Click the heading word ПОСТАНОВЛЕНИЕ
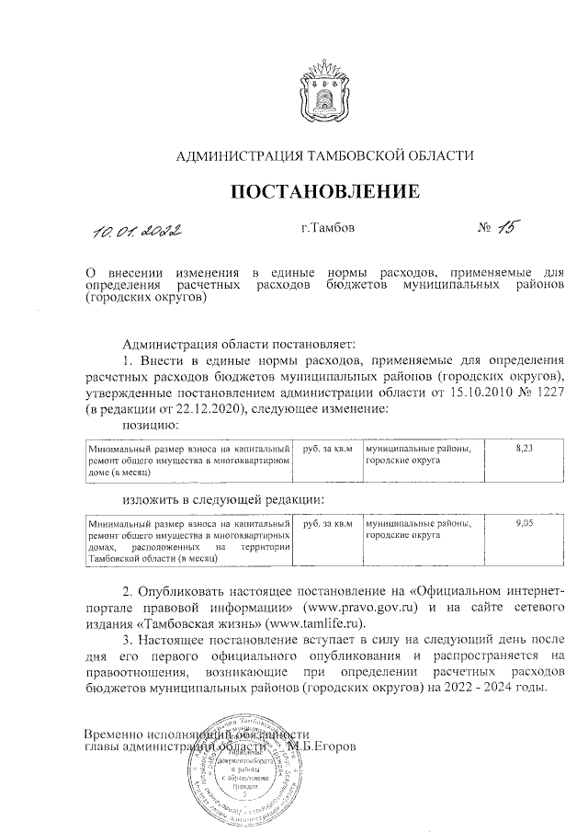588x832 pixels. pyautogui.click(x=324, y=192)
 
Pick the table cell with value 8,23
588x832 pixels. pyautogui.click(x=525, y=448)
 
